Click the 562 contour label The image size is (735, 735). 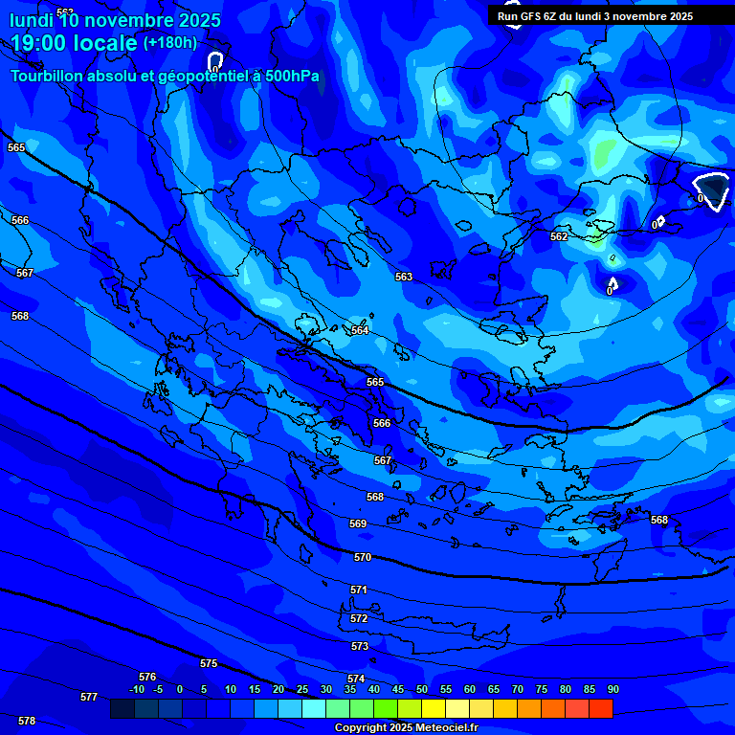coord(559,236)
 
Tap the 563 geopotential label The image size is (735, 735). coord(404,277)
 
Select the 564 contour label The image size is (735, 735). coord(360,330)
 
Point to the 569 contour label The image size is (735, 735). coord(358,523)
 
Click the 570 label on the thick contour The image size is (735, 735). coord(363,557)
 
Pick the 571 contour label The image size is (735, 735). coord(359,590)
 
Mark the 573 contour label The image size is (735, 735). coord(360,646)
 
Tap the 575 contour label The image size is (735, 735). coord(209,663)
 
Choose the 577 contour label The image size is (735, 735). coord(89,697)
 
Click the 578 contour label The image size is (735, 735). coord(27,721)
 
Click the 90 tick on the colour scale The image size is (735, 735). coord(612,689)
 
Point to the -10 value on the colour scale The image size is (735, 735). coord(137,689)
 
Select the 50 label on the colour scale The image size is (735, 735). coord(422,689)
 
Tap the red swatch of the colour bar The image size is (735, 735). coord(600,708)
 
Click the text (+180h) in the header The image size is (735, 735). coord(170,43)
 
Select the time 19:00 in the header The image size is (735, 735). coord(46,43)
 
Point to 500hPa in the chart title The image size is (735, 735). coord(286,76)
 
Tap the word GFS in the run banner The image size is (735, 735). coord(527,16)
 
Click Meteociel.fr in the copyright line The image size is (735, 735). coord(446,728)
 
